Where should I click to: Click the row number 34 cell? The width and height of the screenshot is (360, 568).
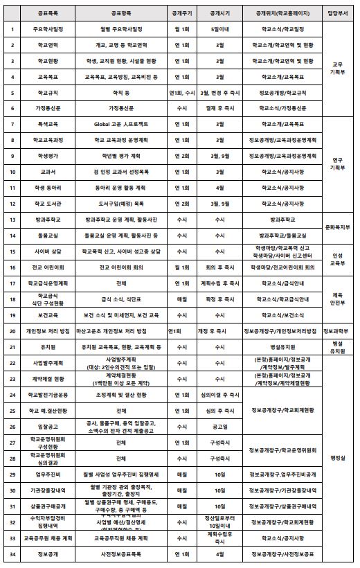(12, 554)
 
